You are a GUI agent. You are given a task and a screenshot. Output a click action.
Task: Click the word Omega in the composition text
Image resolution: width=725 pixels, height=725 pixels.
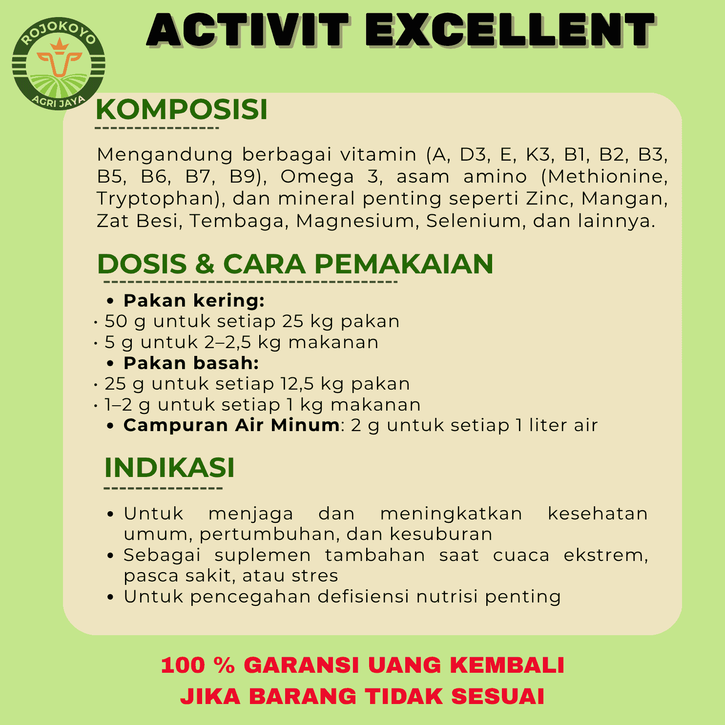point(317,177)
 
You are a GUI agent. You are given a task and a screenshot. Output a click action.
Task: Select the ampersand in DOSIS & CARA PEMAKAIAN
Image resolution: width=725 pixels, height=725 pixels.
point(205,264)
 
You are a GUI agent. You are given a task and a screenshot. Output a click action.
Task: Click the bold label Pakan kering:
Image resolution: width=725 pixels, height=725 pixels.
point(194,301)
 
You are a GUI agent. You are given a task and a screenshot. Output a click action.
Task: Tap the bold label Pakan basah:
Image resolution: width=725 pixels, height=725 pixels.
point(191,363)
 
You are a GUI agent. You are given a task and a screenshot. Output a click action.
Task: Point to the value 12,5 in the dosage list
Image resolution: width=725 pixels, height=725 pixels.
point(297,384)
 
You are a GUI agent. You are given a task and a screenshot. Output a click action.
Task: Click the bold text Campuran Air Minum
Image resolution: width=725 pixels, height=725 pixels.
point(231,425)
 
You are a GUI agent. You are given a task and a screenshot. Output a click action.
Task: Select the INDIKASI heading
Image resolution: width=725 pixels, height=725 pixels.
point(169,468)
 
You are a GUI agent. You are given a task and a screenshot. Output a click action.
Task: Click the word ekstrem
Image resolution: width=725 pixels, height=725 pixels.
point(606,556)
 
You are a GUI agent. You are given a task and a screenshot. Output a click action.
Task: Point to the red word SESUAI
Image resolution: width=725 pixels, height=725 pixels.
point(497,697)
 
